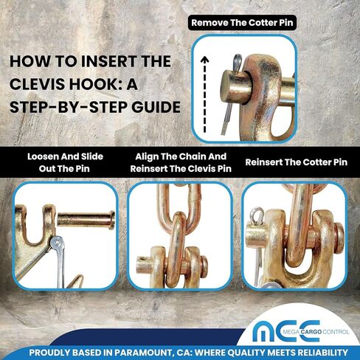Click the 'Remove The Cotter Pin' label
(242, 23)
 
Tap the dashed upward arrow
(204, 94)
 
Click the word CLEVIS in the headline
(38, 84)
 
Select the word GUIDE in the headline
(156, 107)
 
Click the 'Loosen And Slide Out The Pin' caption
(65, 162)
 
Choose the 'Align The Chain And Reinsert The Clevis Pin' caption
(181, 162)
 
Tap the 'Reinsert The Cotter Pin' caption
(297, 162)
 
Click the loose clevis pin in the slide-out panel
(86, 220)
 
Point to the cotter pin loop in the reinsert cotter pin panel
(257, 214)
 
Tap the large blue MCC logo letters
(286, 331)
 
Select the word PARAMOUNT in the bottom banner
(143, 353)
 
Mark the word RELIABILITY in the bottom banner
(319, 353)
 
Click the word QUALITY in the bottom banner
(247, 353)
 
